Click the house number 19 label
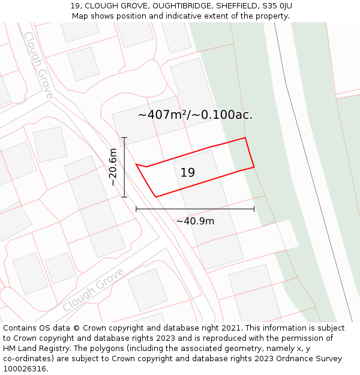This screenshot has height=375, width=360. click(x=187, y=173)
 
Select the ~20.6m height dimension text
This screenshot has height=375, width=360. click(x=113, y=167)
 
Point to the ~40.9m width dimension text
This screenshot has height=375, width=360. click(x=195, y=221)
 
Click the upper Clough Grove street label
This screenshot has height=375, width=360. click(x=38, y=65)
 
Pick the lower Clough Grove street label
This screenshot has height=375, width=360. click(x=93, y=290)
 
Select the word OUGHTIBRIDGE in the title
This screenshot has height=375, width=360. click(x=182, y=6)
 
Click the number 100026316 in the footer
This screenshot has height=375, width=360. click(x=25, y=369)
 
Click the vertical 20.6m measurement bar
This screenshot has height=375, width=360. click(x=124, y=167)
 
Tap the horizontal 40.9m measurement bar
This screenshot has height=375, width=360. click(x=195, y=209)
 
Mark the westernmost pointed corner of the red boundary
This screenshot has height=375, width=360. click(x=137, y=164)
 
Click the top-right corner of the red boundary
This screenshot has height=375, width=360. click(x=245, y=138)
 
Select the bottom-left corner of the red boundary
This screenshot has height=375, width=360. click(x=156, y=196)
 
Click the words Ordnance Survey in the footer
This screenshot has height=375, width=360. click(x=312, y=359)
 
